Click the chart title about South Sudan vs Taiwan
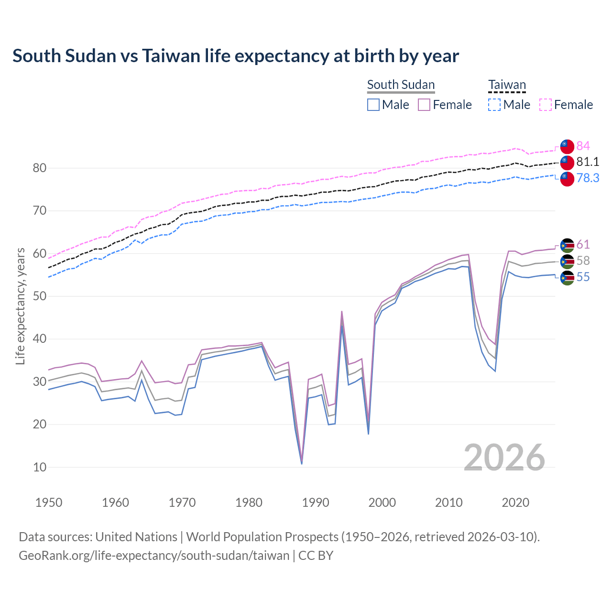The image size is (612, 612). tap(236, 56)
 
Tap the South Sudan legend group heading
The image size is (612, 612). tap(401, 85)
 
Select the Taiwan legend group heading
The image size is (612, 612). tap(507, 85)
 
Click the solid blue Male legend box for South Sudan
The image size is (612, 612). tap(373, 105)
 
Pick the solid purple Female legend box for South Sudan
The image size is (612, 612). tap(425, 105)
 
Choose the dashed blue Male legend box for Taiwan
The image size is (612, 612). tap(494, 105)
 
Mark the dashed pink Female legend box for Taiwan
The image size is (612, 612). tap(546, 105)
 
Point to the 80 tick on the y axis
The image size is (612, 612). tap(40, 168)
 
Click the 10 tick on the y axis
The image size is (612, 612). tap(40, 467)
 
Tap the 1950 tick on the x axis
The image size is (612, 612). tap(49, 503)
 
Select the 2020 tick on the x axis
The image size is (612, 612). tap(515, 503)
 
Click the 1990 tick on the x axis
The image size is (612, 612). tap(316, 503)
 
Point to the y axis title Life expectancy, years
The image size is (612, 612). tap(20, 306)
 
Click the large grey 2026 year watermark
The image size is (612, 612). tap(504, 458)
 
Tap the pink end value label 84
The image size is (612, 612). tap(583, 146)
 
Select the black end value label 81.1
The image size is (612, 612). tap(588, 162)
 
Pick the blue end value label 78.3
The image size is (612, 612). tap(588, 178)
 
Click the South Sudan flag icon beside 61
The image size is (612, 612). tap(567, 245)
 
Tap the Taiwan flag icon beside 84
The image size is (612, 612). tap(567, 146)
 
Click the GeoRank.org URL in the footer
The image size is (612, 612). tap(154, 556)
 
